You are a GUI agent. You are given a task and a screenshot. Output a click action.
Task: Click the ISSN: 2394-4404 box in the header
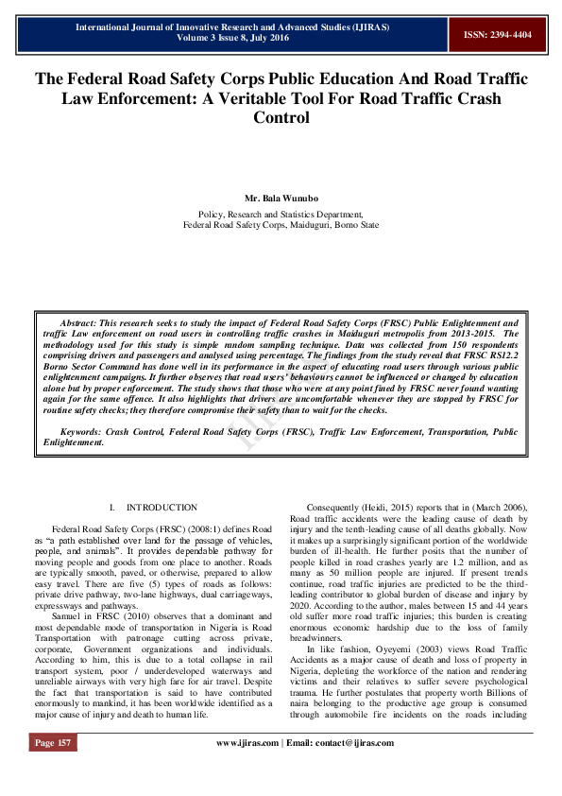tap(497, 34)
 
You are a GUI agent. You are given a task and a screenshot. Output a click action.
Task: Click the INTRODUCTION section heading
tap(162, 508)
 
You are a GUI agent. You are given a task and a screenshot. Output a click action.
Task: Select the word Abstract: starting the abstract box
tap(81, 322)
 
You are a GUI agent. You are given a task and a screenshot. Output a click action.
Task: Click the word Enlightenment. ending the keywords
tap(74, 441)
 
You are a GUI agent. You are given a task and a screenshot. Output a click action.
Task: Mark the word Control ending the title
tap(281, 118)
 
